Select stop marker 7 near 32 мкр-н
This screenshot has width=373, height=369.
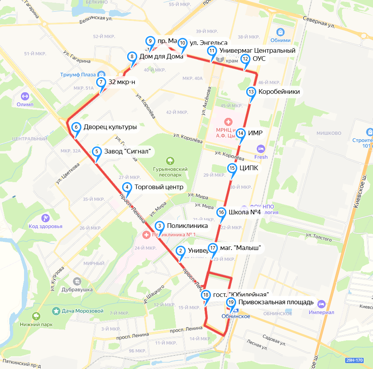pos(101,82)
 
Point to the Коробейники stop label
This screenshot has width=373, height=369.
pos(279,92)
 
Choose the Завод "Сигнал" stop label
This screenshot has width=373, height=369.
pos(128,151)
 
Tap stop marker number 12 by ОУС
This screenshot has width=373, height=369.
pos(245,59)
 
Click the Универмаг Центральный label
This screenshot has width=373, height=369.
pos(257,50)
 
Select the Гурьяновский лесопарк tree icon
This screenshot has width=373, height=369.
pos(169,160)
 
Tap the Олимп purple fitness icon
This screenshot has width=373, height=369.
pos(25,95)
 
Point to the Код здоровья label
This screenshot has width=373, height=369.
pos(45,226)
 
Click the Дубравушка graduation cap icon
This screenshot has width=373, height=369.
pos(77,281)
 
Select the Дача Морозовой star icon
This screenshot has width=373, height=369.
pos(57,311)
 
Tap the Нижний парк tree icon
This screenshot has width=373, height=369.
pos(36,316)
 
